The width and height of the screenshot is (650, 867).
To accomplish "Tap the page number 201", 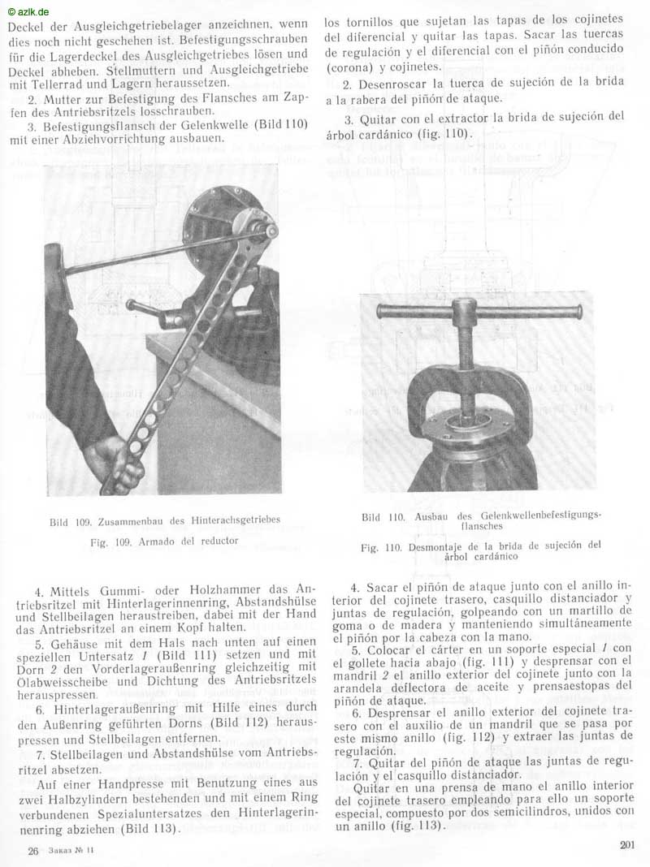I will pos(626,844).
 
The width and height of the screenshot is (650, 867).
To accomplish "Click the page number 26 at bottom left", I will pos(33,850).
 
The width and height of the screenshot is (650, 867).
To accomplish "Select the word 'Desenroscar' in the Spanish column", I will pos(393,84).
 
